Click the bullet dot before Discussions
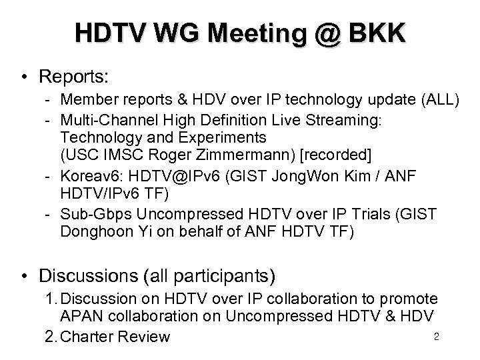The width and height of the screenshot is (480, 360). pos(24,275)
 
